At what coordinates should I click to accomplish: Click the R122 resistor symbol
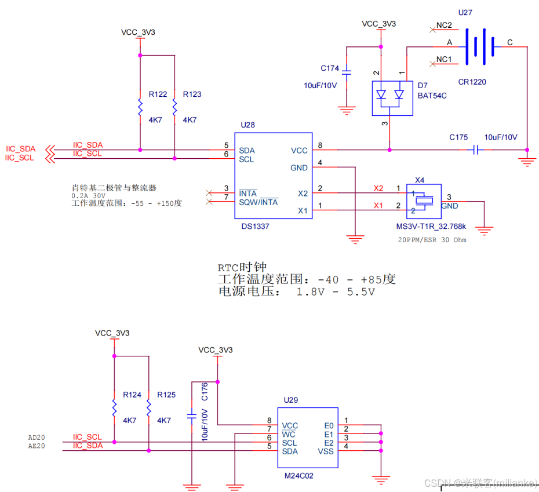[x=140, y=107]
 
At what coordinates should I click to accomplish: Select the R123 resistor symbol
[x=174, y=107]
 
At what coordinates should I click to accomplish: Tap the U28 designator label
[x=247, y=125]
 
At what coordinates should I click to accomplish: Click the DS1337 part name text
[x=255, y=227]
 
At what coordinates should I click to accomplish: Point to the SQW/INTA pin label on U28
[x=258, y=202]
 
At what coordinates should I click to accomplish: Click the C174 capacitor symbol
[x=346, y=73]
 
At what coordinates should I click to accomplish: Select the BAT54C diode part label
[x=432, y=95]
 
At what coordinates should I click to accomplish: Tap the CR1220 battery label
[x=472, y=82]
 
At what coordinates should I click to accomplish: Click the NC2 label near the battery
[x=445, y=25]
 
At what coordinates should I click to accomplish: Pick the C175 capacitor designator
[x=458, y=137]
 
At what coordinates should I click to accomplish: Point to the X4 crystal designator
[x=420, y=180]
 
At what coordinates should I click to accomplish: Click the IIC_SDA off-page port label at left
[x=21, y=149]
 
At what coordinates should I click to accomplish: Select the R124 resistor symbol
[x=114, y=407]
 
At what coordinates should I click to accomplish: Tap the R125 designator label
[x=166, y=395]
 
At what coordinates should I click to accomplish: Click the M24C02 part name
[x=299, y=475]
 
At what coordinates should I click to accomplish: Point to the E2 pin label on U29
[x=329, y=443]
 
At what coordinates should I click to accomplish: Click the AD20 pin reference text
[x=36, y=438]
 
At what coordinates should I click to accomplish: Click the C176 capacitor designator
[x=204, y=391]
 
